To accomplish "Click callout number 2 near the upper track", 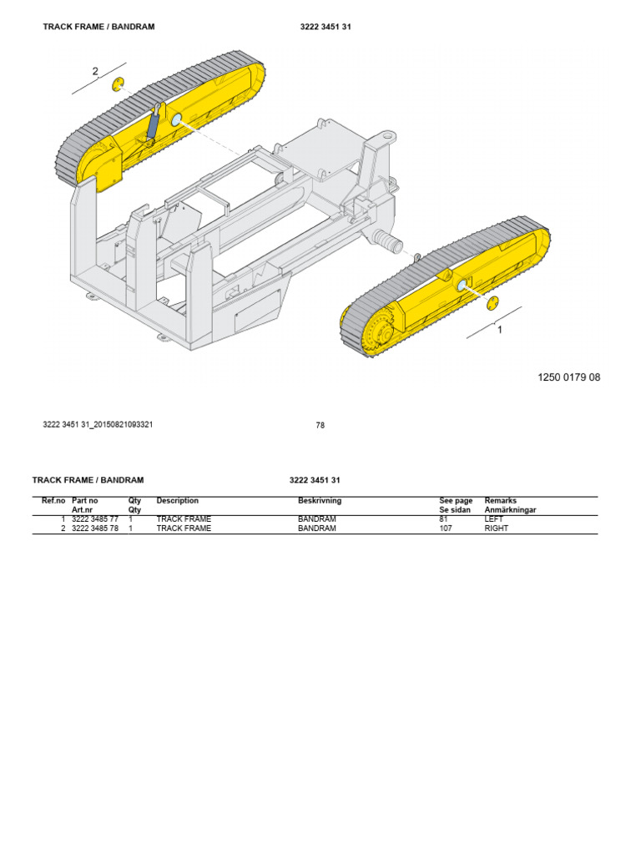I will (95, 72).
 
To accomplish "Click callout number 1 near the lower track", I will (500, 330).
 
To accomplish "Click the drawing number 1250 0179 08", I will (568, 377).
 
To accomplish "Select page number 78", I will (320, 425).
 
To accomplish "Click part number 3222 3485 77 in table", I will (95, 519).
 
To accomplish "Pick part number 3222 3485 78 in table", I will (95, 529).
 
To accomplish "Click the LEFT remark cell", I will (494, 519).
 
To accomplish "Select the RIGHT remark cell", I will (497, 529).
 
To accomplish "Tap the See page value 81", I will (444, 519).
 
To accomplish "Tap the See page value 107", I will (446, 529).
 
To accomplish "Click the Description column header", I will (178, 501).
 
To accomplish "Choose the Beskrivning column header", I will (320, 501).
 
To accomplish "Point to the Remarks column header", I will (501, 501).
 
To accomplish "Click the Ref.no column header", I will (53, 501).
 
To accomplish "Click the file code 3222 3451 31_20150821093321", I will (98, 424).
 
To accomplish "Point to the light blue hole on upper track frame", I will (177, 121).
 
